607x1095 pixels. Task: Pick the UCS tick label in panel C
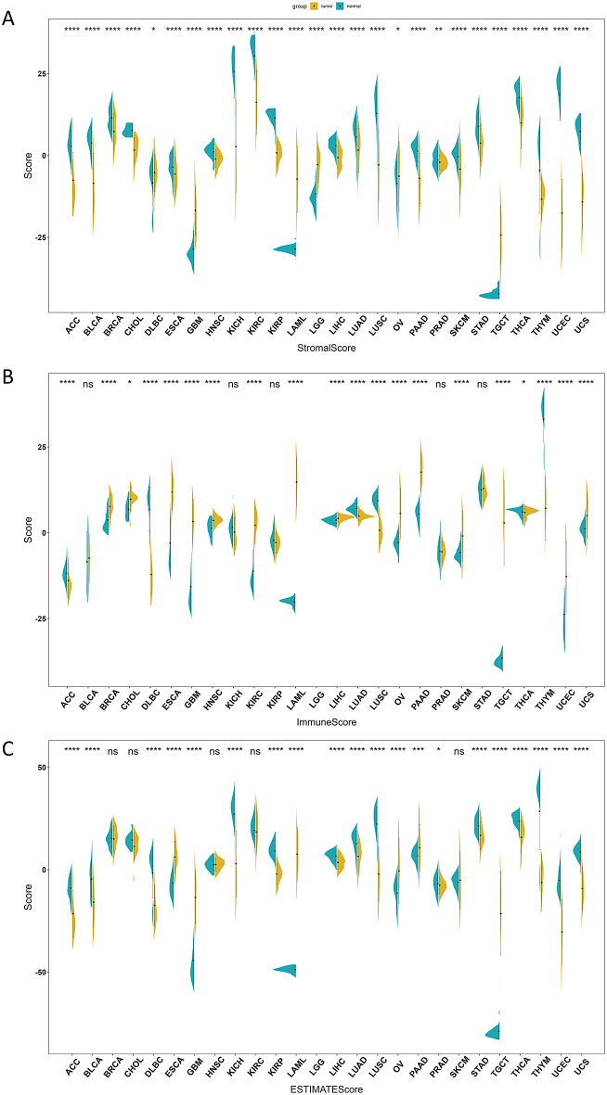pos(581,1060)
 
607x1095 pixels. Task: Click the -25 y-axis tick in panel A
pos(37,237)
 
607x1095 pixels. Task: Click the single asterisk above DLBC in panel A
pos(153,30)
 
